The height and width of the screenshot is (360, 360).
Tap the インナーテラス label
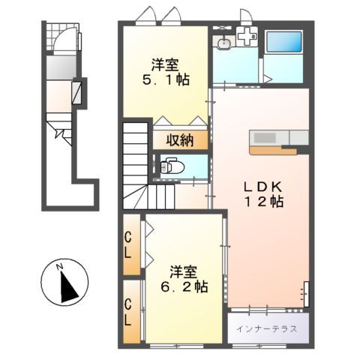click(x=266, y=329)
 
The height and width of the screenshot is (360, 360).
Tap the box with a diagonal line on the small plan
click(x=76, y=91)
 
